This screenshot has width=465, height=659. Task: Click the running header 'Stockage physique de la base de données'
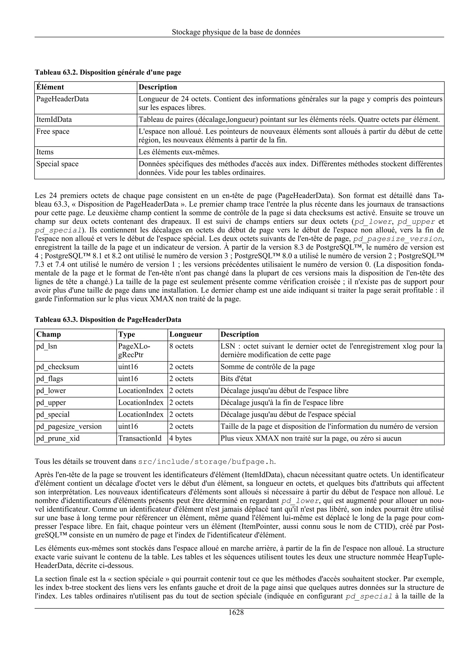236,32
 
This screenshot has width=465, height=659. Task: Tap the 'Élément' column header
50,87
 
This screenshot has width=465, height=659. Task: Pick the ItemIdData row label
54,120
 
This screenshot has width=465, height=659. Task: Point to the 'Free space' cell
53,132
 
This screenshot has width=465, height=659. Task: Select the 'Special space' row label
57,164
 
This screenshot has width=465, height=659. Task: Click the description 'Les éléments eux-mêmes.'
179,152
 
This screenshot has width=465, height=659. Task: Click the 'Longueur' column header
186,335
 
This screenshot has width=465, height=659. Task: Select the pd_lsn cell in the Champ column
47,346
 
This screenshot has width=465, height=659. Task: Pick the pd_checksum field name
58,367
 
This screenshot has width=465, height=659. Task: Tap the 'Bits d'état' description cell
236,379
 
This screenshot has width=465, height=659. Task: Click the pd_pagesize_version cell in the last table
69,427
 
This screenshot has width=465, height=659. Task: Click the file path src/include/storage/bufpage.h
206,462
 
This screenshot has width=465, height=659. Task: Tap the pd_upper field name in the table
51,403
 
